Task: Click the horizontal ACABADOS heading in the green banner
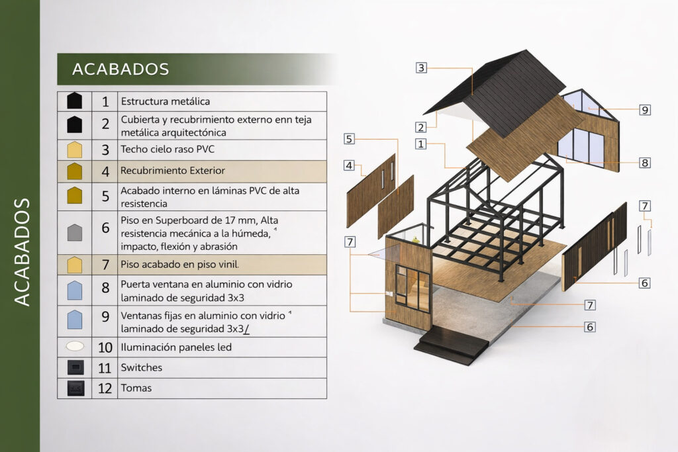pos(121,69)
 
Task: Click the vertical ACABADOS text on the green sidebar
pos(23,251)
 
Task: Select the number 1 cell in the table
pos(105,102)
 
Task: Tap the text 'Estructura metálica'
pos(165,102)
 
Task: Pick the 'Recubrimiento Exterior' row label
pos(173,171)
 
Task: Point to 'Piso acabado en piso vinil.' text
pos(179,265)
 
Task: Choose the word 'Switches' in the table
pos(141,367)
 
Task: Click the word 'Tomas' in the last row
pos(136,388)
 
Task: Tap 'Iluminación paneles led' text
pos(175,347)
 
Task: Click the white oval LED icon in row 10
pos(75,346)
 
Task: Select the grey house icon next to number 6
pos(75,232)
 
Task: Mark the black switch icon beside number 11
pos(75,367)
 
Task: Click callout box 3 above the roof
pos(421,67)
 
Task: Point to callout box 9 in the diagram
pos(645,110)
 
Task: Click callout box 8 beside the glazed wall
pos(645,162)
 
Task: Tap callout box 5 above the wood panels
pos(349,139)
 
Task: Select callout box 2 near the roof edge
pos(420,127)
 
